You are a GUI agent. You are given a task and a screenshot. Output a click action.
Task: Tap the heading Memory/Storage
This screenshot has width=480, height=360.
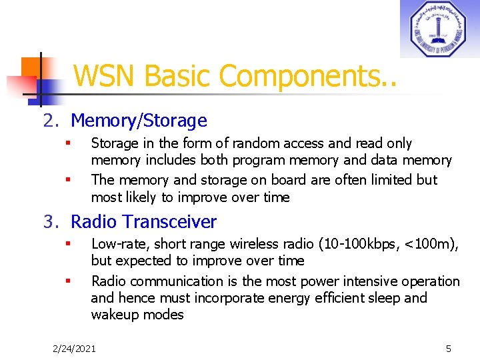139,121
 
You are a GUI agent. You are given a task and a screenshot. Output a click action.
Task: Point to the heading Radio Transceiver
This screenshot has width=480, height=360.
143,221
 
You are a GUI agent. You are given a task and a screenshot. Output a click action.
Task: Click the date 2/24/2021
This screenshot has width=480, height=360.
75,348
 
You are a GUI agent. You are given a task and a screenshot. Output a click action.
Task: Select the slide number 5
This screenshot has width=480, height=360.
449,348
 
